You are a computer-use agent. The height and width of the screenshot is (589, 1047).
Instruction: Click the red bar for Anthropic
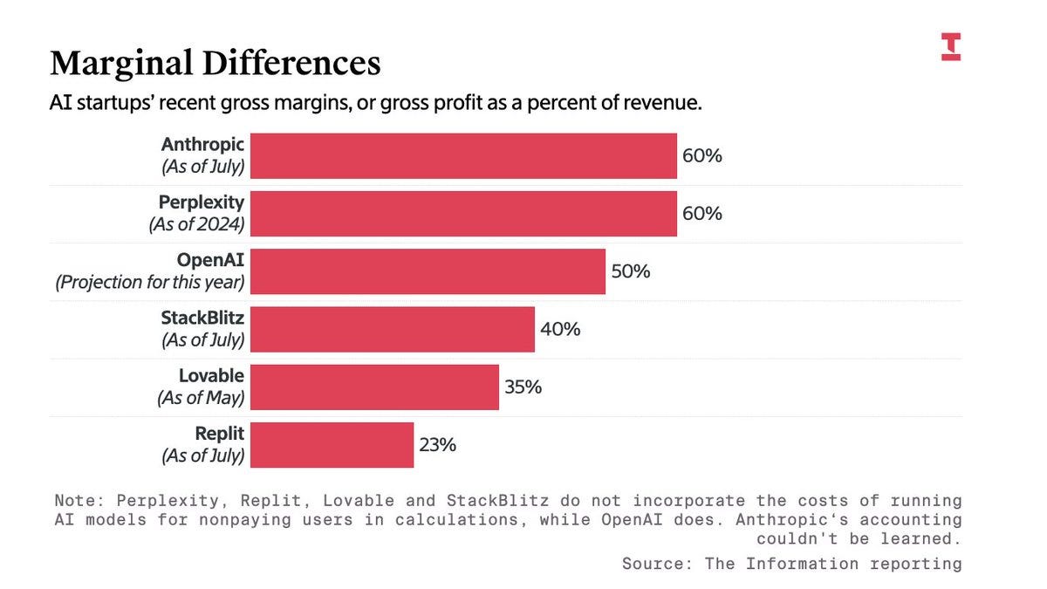pyautogui.click(x=463, y=156)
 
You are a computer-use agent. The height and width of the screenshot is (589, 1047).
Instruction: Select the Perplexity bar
pyautogui.click(x=463, y=214)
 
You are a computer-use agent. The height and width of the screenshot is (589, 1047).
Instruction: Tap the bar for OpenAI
pyautogui.click(x=428, y=271)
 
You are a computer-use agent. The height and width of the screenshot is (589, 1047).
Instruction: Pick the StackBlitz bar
pyautogui.click(x=392, y=329)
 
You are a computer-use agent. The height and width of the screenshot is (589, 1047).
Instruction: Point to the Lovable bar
pyautogui.click(x=374, y=387)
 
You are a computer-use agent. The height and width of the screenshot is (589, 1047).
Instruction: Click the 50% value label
pyautogui.click(x=630, y=271)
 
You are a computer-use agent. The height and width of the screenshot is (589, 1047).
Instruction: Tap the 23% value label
pyautogui.click(x=437, y=445)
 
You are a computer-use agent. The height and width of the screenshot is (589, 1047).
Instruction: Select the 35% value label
pyautogui.click(x=523, y=387)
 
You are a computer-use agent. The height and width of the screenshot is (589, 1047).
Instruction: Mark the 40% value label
pyautogui.click(x=559, y=329)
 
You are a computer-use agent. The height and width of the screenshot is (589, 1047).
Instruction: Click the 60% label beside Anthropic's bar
pyautogui.click(x=702, y=156)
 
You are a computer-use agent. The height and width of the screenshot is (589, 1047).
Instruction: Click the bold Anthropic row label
pyautogui.click(x=203, y=144)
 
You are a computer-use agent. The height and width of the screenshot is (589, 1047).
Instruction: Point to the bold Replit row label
pyautogui.click(x=220, y=433)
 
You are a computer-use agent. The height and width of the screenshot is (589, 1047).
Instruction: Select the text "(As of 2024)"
pyautogui.click(x=196, y=225)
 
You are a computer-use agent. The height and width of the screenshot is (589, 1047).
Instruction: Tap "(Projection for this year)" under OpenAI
pyautogui.click(x=150, y=283)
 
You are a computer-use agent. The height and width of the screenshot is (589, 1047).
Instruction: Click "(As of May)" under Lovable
pyautogui.click(x=201, y=398)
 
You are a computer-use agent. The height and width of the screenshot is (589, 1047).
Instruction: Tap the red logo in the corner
pyautogui.click(x=950, y=46)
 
